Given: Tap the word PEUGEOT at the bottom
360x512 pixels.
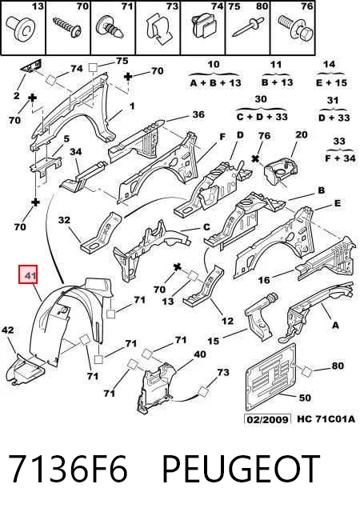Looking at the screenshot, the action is (241, 469).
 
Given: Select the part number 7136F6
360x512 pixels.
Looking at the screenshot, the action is (68, 469).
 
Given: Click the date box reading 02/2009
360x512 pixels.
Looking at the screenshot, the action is (267, 419).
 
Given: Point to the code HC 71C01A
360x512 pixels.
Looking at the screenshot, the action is (326, 419).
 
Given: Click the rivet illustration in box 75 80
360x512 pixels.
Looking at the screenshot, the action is (248, 27).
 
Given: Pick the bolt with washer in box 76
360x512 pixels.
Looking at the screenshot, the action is (295, 28).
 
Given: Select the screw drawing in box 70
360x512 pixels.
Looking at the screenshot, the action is (67, 27).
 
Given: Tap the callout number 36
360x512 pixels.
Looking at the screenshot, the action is (198, 114).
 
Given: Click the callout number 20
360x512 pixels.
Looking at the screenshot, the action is (301, 134).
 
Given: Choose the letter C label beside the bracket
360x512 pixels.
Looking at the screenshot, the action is (206, 226).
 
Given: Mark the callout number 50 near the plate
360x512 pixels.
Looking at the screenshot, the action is (305, 398).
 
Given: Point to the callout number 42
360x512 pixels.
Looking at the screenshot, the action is (8, 330).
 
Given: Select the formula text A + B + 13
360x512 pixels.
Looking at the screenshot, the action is (216, 83).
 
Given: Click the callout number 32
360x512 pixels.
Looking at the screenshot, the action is (64, 220).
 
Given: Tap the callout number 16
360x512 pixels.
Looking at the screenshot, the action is (264, 280).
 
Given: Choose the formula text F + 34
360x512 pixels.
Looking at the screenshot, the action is (340, 158).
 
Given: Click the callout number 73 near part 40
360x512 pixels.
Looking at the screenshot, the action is (223, 372).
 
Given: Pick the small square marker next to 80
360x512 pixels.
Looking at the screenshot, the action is (307, 371).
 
